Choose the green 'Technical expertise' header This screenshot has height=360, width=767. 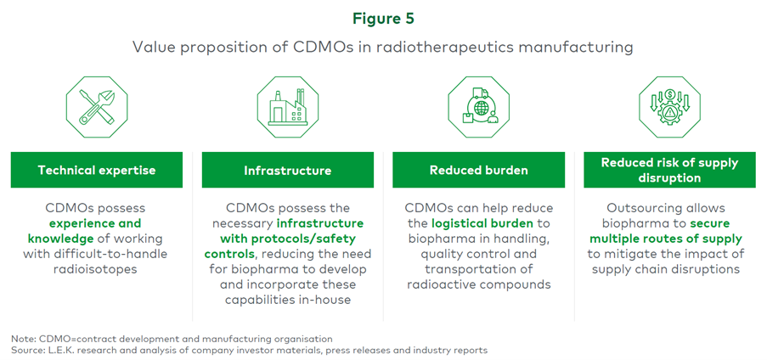(97, 170)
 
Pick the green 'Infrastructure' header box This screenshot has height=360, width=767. (287, 170)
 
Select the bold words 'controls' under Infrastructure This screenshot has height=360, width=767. (229, 253)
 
